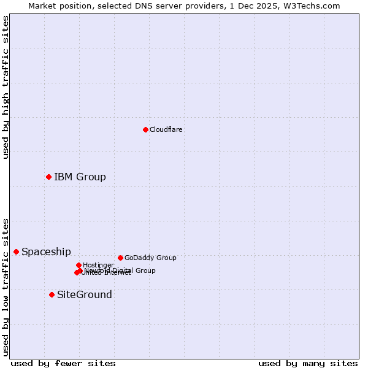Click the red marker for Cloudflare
[x=145, y=129]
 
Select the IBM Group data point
[x=48, y=177]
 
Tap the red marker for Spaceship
[x=16, y=251]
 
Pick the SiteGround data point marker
[x=52, y=294]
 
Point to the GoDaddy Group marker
[x=120, y=258]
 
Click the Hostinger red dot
[x=79, y=265]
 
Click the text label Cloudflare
[x=166, y=129]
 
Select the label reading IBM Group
[x=80, y=177]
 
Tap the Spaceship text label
[x=46, y=251]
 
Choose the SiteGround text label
[x=85, y=294]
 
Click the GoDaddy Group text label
[x=150, y=258]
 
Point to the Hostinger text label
[x=98, y=265]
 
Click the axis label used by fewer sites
[x=63, y=363]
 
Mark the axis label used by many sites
[x=308, y=363]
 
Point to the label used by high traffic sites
[x=6, y=87]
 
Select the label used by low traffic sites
[x=6, y=286]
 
